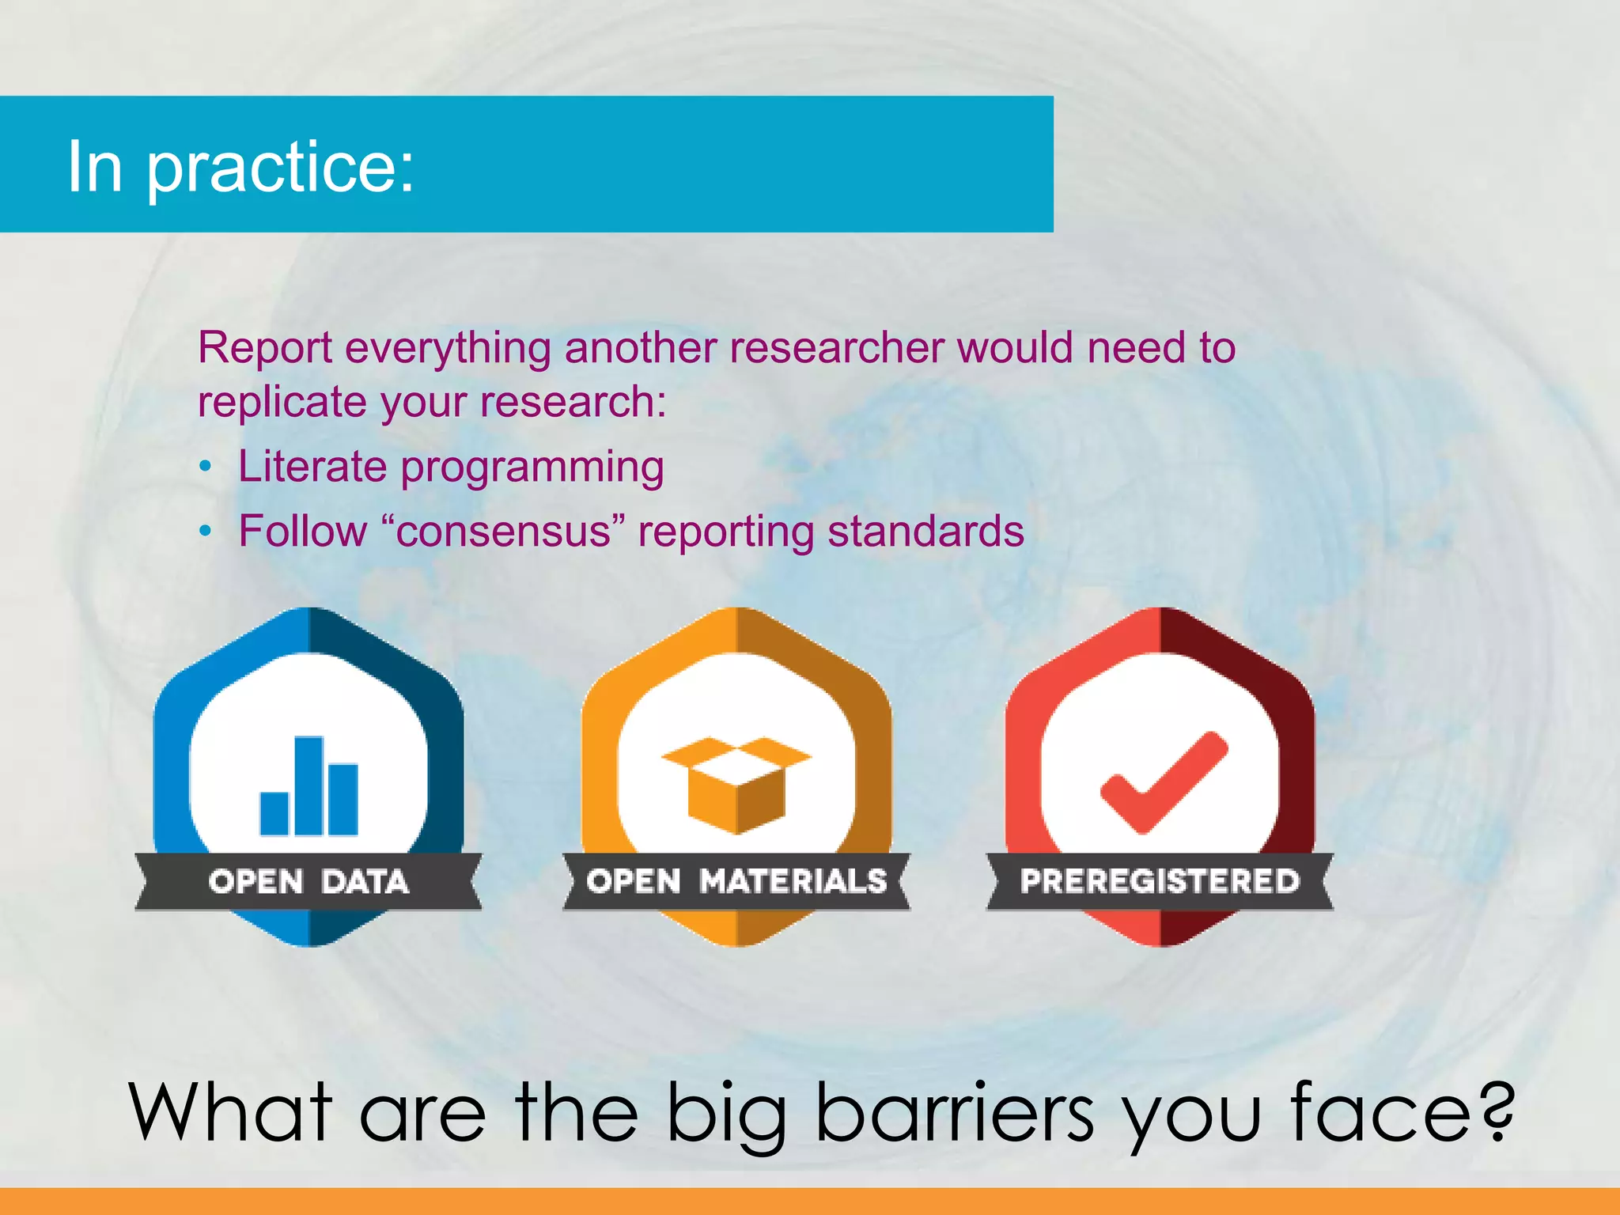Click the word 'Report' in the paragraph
264,348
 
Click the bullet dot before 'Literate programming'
206,467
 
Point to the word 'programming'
532,467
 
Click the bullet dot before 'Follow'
206,532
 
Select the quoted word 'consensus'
503,532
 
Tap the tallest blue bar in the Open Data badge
308,785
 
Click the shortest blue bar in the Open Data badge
274,813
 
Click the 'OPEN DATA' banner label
308,881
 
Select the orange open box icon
736,785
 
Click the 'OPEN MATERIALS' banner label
736,881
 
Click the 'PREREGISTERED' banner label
1160,881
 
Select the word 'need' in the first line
1136,348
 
